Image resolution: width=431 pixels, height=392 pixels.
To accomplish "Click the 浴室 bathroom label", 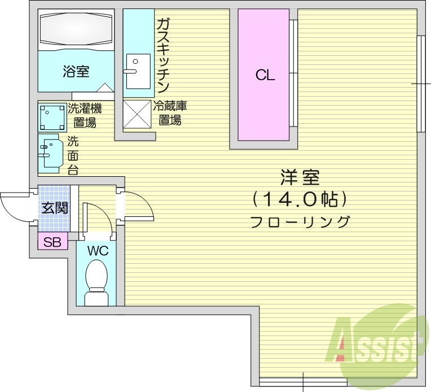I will tap(76, 72).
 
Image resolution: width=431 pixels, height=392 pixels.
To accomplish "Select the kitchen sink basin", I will tap(138, 71).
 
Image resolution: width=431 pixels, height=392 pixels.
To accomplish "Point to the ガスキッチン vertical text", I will tap(163, 55).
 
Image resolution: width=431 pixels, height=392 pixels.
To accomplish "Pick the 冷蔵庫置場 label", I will tap(170, 112).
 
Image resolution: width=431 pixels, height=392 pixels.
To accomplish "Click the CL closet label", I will tap(265, 76).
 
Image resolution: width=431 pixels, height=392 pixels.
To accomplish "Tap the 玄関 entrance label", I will tap(54, 208).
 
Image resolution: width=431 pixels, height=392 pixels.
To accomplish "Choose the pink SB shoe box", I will tap(52, 243).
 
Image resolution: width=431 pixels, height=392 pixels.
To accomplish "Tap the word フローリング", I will tap(300, 221).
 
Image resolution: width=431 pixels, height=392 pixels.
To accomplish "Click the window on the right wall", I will tap(421, 84).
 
